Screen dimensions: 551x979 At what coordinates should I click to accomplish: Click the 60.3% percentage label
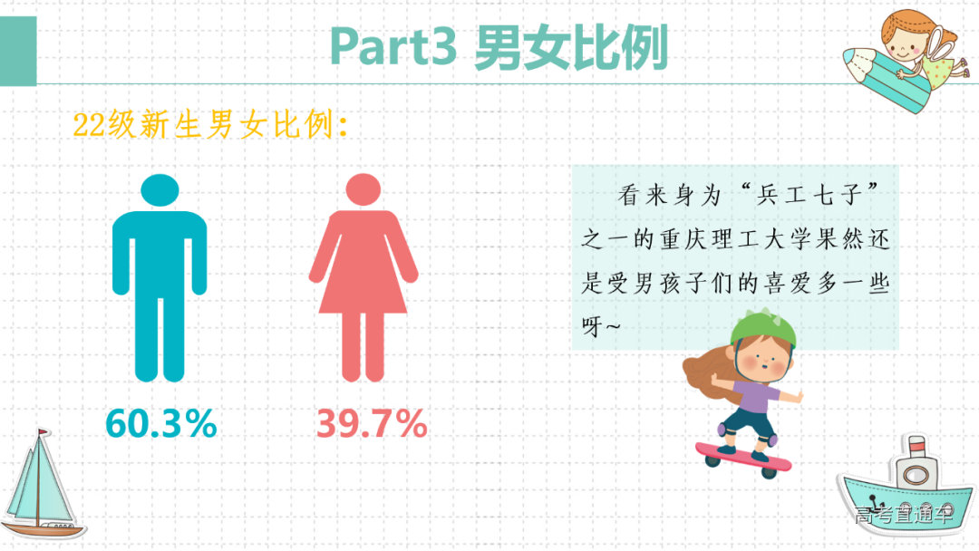point(161,423)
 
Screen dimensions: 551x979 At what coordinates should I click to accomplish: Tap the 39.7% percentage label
point(372,423)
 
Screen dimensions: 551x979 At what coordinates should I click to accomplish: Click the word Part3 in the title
point(393,46)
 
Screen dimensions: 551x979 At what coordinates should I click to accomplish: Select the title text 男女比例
point(572,46)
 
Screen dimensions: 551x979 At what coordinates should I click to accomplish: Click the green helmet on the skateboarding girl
point(762,328)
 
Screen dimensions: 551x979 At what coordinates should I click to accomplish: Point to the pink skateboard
point(743,457)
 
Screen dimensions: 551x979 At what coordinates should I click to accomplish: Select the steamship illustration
point(906,489)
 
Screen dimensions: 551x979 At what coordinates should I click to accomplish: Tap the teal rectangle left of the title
point(18,51)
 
